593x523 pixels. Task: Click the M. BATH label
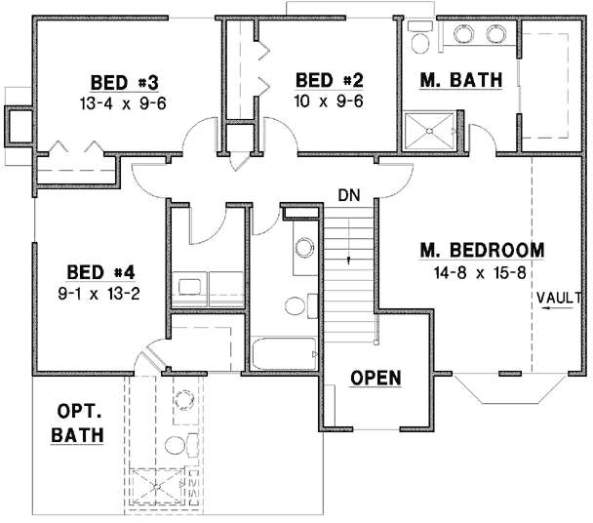coord(460,80)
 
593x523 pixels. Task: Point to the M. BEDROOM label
coord(482,250)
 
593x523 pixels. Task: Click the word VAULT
coord(554,296)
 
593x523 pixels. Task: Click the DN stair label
coord(349,195)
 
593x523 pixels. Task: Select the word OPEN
coord(376,378)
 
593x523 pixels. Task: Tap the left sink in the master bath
coord(463,35)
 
